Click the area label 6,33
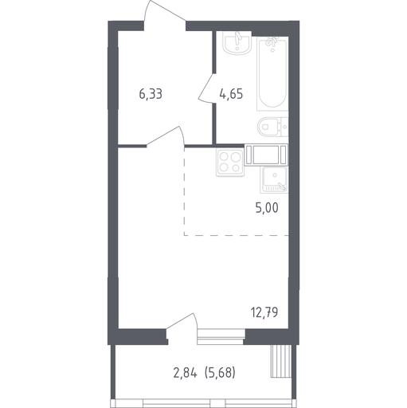[151, 94]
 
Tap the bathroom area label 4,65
[231, 94]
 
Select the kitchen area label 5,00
[267, 207]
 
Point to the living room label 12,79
[264, 312]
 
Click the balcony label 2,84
[185, 373]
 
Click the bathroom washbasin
[237, 44]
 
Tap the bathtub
[272, 73]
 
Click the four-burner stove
[230, 163]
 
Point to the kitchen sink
[274, 180]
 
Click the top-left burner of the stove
[224, 157]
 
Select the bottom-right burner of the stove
[236, 167]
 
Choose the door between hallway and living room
[166, 136]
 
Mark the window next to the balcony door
[221, 336]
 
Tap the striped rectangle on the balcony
[281, 361]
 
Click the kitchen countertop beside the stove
[266, 155]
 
